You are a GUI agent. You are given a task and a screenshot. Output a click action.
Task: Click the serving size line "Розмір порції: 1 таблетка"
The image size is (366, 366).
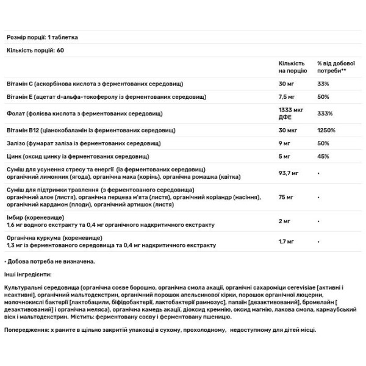point(43,37)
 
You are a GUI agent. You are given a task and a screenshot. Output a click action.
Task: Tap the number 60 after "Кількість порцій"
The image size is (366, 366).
point(60,49)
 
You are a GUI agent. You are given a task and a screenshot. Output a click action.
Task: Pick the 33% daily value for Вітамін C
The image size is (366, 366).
point(324,83)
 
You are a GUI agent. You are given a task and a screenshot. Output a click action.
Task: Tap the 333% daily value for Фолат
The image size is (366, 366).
point(325,113)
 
